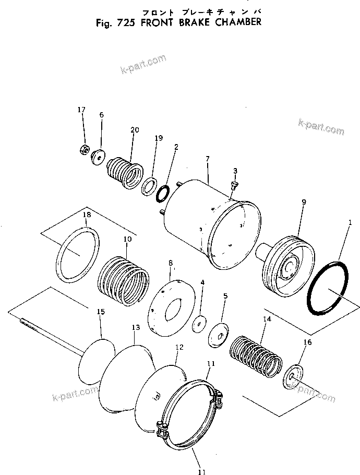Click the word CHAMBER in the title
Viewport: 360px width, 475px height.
coord(233,22)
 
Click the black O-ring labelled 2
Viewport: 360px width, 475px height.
coord(162,193)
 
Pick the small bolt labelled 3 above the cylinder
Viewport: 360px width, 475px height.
coord(234,184)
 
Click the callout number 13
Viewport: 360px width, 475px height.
coord(136,327)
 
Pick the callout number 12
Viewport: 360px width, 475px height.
coord(179,347)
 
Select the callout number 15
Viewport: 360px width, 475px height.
coord(101,312)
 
